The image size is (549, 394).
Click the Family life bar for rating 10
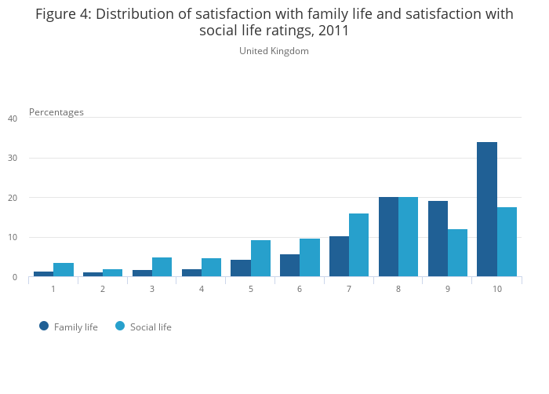(x=487, y=210)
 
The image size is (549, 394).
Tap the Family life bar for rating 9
(x=438, y=239)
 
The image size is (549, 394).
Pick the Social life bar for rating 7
(x=359, y=245)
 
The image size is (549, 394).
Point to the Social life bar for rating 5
(x=260, y=258)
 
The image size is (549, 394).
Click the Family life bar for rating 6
(x=289, y=265)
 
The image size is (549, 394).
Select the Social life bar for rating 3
(x=162, y=267)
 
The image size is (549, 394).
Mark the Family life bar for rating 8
(x=388, y=237)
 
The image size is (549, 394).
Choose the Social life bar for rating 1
(x=64, y=270)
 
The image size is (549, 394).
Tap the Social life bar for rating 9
(x=457, y=253)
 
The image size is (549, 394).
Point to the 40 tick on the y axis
(x=13, y=119)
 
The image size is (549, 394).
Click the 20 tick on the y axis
(x=13, y=198)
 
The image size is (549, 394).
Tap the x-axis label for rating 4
(x=202, y=289)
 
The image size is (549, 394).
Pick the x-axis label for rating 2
(x=103, y=289)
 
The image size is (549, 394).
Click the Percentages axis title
(x=56, y=112)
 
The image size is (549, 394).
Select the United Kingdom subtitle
(x=274, y=51)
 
